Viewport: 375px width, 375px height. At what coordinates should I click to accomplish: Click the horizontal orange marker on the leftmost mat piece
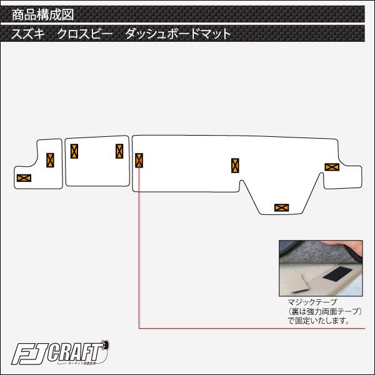coord(24,177)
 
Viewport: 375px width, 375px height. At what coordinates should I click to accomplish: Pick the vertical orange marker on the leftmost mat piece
coord(50,160)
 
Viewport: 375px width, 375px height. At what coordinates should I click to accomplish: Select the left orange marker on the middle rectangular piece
coord(74,151)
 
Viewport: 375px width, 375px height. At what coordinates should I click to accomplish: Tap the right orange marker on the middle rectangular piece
coord(119,151)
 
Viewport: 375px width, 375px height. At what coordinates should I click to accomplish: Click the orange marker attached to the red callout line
coord(139,160)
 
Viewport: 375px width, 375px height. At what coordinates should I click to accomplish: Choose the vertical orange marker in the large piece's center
coord(235,166)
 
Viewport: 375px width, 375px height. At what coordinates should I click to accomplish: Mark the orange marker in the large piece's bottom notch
coord(281,207)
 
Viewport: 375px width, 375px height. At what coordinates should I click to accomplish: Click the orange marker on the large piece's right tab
coord(331,167)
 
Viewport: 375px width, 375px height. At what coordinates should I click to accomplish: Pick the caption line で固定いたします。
coord(318,321)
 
